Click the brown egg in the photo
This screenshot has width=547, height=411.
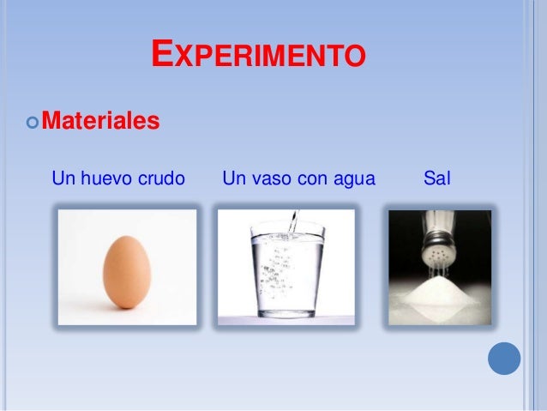click(127, 272)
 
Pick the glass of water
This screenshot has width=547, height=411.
click(286, 270)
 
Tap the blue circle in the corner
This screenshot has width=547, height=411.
click(504, 358)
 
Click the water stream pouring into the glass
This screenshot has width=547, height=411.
click(292, 221)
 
